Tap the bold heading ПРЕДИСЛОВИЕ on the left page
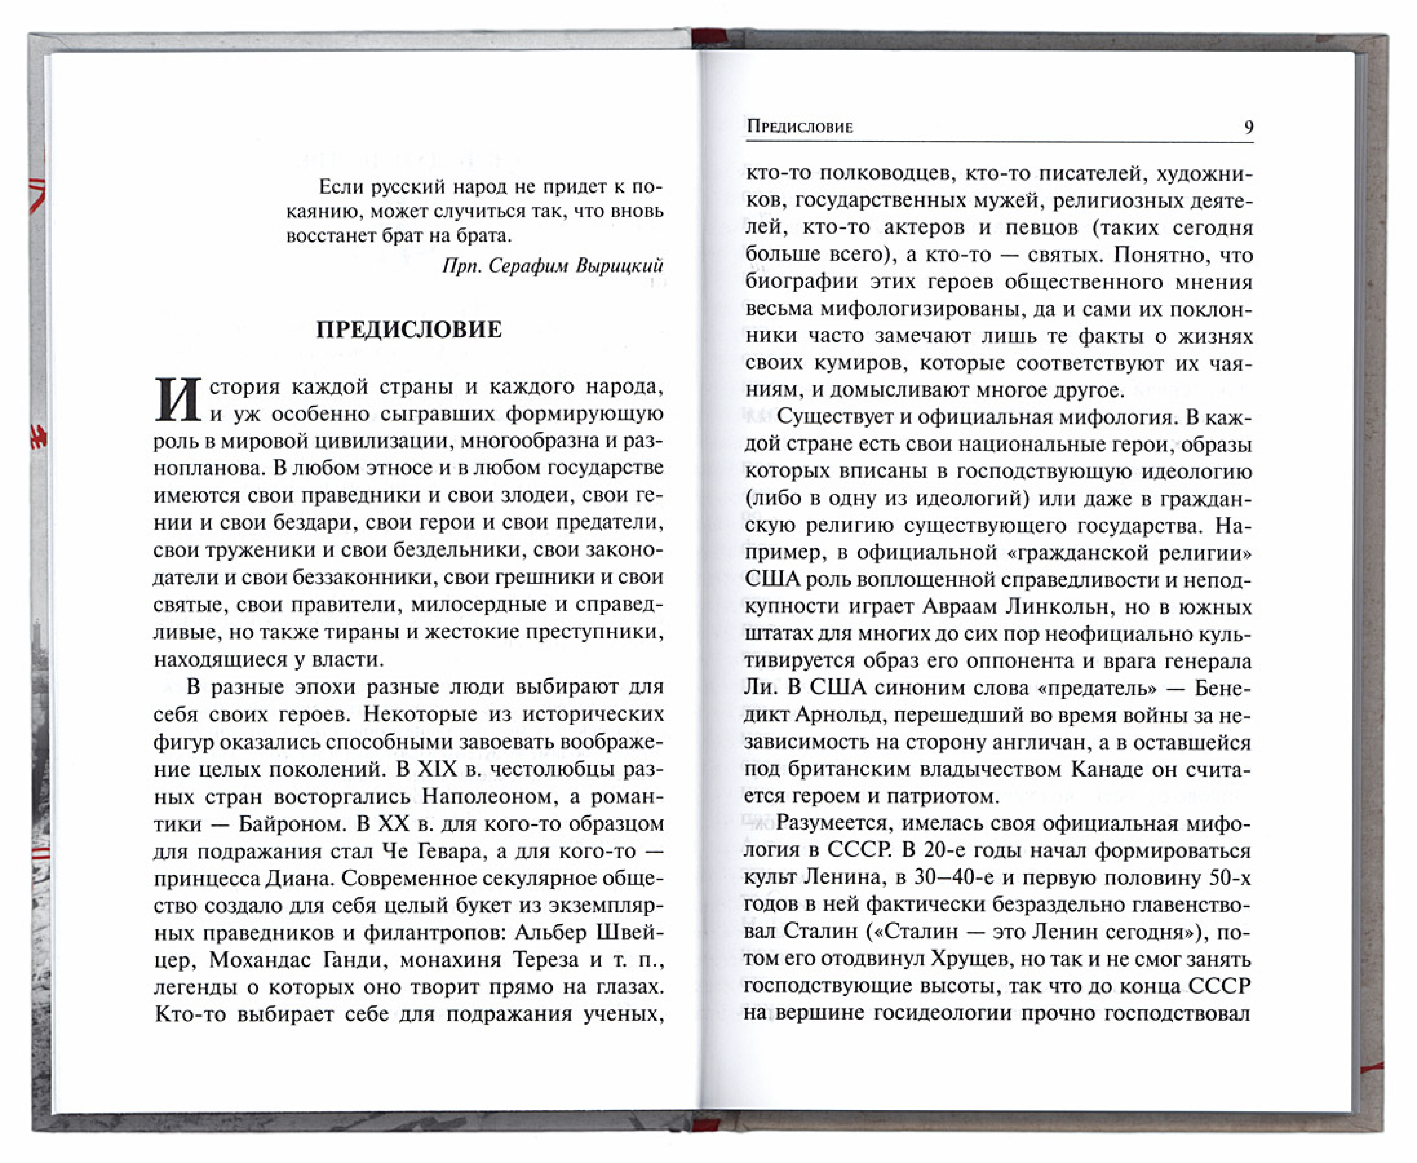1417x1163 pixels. click(x=408, y=330)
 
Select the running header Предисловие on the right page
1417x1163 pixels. click(x=799, y=127)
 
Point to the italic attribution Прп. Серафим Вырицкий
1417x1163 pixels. click(x=552, y=266)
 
